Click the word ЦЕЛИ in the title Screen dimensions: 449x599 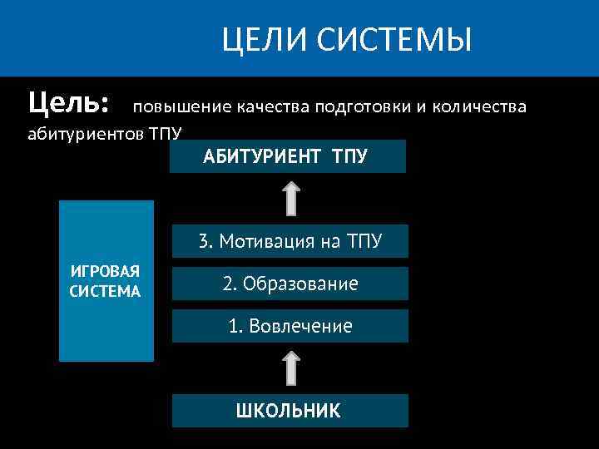pyautogui.click(x=255, y=39)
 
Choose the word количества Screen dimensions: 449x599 pyautogui.click(x=478, y=107)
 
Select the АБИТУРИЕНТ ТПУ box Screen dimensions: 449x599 pyautogui.click(x=287, y=156)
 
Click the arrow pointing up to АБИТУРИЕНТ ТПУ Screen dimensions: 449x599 pyautogui.click(x=290, y=199)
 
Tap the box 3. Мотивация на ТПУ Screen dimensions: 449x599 pyautogui.click(x=290, y=241)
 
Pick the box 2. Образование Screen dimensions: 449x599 pyautogui.click(x=290, y=284)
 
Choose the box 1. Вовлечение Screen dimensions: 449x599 pyautogui.click(x=290, y=326)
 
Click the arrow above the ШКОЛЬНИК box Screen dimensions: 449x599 pyautogui.click(x=290, y=368)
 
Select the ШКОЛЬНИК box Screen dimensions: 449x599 pyautogui.click(x=290, y=411)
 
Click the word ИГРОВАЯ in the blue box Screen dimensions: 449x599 pyautogui.click(x=106, y=273)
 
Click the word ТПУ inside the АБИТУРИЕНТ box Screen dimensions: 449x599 pyautogui.click(x=349, y=156)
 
